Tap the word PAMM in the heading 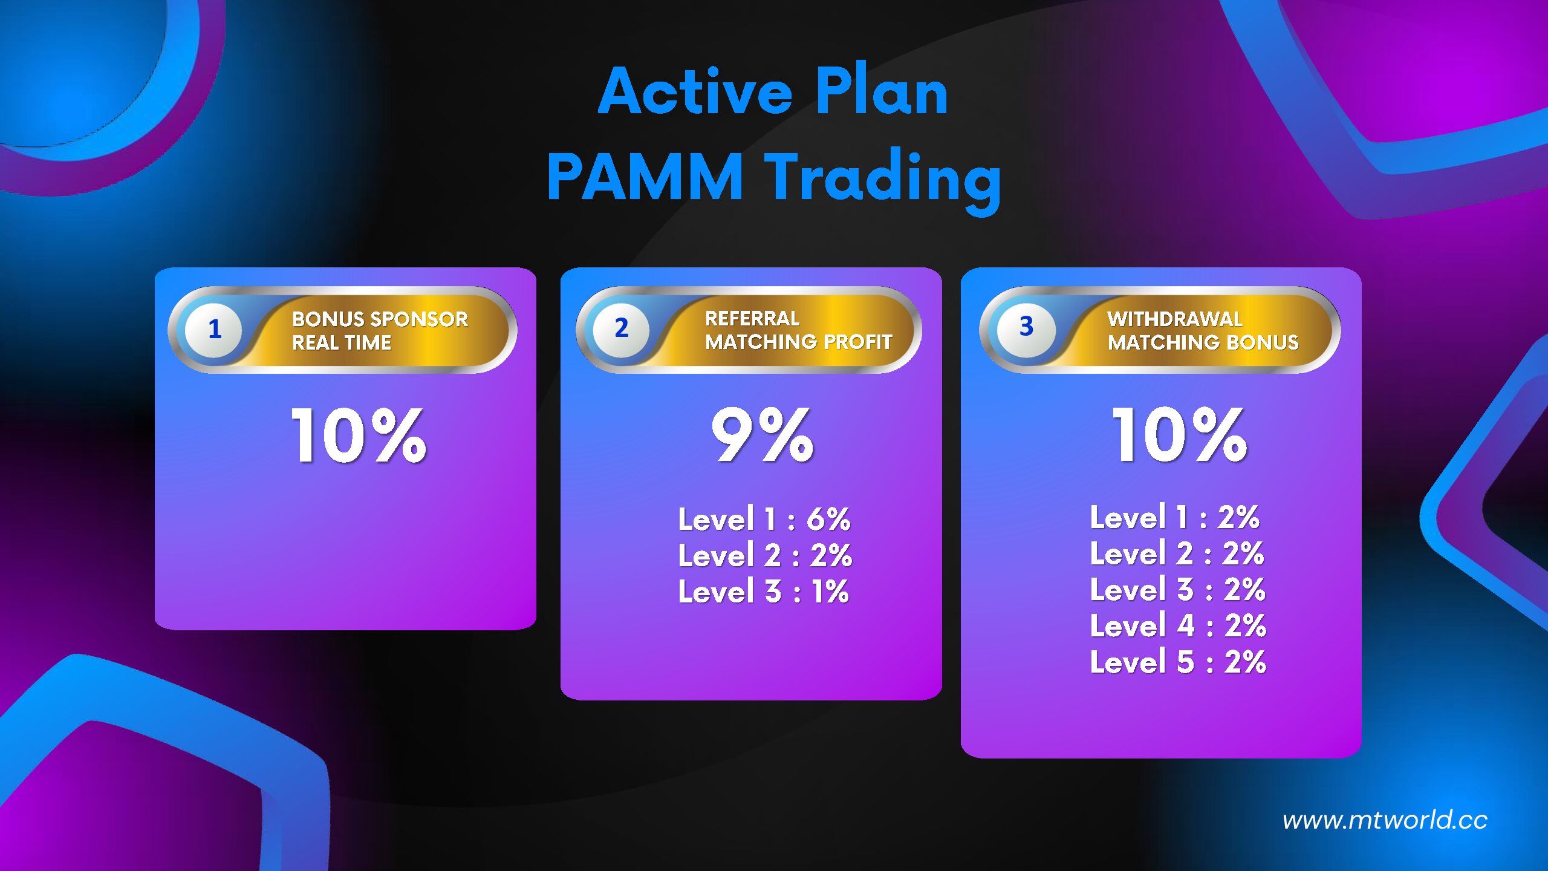pyautogui.click(x=645, y=176)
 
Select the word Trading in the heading pyautogui.click(x=883, y=180)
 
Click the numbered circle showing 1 pyautogui.click(x=214, y=330)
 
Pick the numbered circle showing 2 pyautogui.click(x=621, y=328)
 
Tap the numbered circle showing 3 pyautogui.click(x=1026, y=327)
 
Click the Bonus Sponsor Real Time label pyautogui.click(x=380, y=331)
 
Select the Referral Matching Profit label pyautogui.click(x=798, y=330)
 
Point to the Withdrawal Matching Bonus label pyautogui.click(x=1203, y=331)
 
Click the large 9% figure pyautogui.click(x=763, y=434)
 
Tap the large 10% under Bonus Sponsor pyautogui.click(x=359, y=435)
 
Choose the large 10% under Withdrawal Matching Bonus pyautogui.click(x=1180, y=434)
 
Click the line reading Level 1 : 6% pyautogui.click(x=764, y=519)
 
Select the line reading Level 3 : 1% pyautogui.click(x=764, y=592)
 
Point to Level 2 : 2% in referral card pyautogui.click(x=765, y=555)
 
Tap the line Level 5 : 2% pyautogui.click(x=1178, y=662)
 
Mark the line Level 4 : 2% pyautogui.click(x=1178, y=625)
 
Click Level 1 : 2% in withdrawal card pyautogui.click(x=1175, y=517)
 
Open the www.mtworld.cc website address pyautogui.click(x=1385, y=820)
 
